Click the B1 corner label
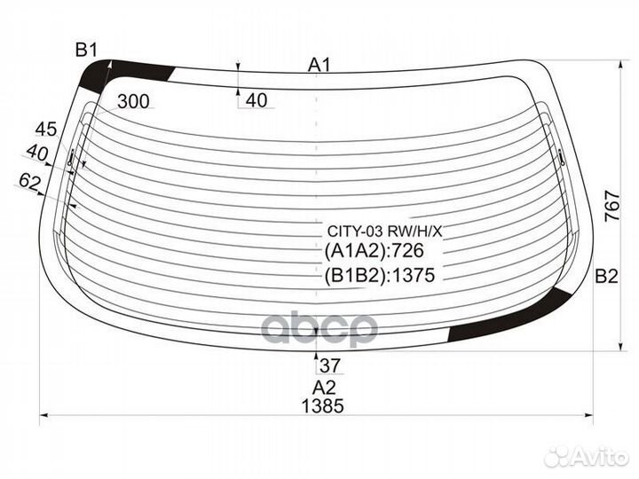86,51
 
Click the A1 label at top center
319,65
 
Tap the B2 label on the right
606,277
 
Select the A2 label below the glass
324,388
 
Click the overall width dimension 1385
322,406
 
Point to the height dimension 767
612,207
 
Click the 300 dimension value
133,101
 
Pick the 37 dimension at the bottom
330,365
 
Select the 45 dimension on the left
46,130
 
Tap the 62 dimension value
30,181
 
